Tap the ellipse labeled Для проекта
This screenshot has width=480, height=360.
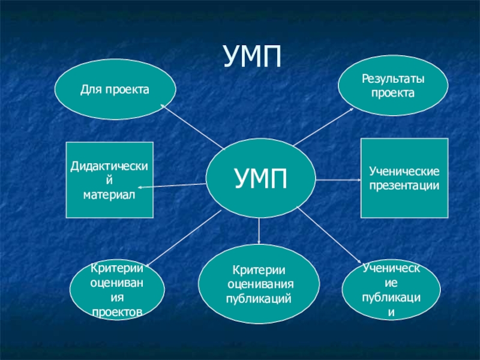(115, 90)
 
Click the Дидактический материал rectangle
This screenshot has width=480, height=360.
(109, 179)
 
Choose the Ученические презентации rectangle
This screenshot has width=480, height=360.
(404, 178)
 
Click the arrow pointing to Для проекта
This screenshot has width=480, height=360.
(192, 126)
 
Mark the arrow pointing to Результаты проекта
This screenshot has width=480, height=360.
(327, 126)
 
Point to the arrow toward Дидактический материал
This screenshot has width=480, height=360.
(174, 186)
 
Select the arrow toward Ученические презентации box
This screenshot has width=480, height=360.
(336, 179)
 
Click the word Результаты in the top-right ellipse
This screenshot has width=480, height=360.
(392, 79)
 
